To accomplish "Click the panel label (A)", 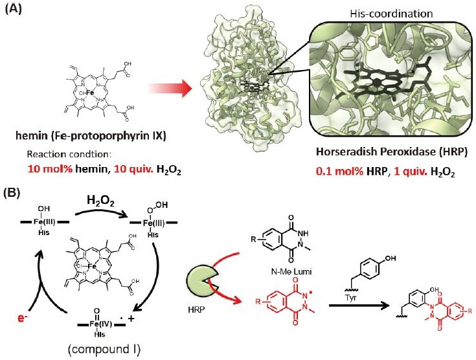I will coord(15,9).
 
